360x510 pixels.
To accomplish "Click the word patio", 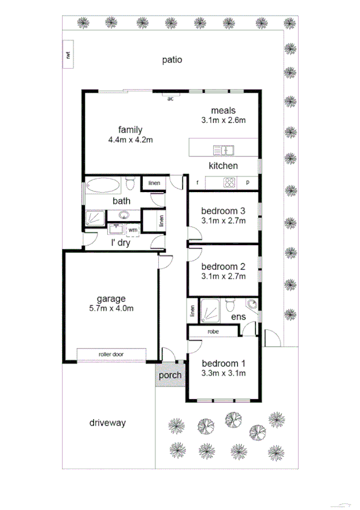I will coord(172,60).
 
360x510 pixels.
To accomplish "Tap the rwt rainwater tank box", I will coord(69,55).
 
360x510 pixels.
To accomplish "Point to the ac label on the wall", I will coord(170,98).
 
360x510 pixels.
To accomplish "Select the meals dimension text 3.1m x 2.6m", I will coord(224,120).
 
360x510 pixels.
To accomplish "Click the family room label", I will coord(130,129).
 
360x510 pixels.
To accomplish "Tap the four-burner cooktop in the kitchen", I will coord(229,182).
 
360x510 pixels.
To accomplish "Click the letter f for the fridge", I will coord(197,182).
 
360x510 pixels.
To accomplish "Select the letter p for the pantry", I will coord(247,182).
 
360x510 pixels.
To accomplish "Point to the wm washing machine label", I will coord(132,229).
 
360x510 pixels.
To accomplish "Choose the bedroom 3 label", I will coord(223,211).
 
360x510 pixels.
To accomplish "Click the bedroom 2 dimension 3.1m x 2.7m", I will coord(223,276).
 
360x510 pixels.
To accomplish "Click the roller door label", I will coord(111,354).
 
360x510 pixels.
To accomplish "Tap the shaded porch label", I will coord(170,375).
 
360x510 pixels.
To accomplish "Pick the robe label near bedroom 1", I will coord(213,331).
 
